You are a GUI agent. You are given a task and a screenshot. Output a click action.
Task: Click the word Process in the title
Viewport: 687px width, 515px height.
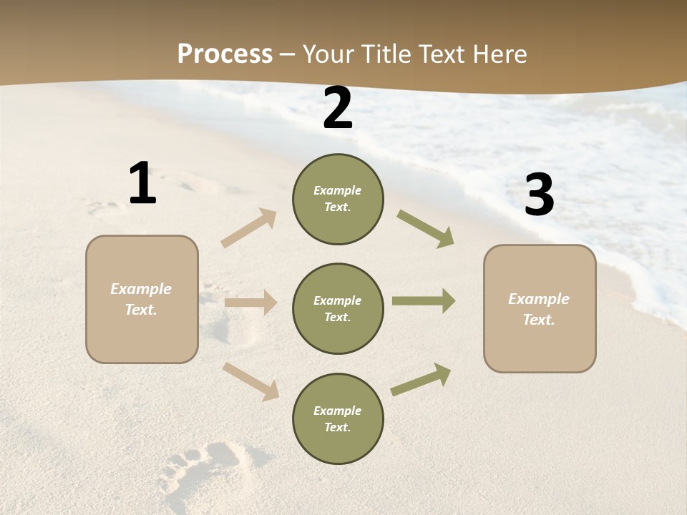(x=225, y=54)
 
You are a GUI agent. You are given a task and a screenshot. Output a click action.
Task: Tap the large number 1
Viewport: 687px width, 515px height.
(x=142, y=184)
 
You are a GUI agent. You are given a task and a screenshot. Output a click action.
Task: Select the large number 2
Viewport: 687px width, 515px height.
(x=338, y=108)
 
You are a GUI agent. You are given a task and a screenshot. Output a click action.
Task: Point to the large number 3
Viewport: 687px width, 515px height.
(x=539, y=195)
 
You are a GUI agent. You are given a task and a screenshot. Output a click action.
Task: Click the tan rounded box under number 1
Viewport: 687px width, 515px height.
(x=142, y=329)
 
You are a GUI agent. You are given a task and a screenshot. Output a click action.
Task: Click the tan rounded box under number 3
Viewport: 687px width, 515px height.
(x=540, y=343)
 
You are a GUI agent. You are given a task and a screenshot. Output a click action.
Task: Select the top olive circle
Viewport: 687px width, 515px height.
(x=338, y=218)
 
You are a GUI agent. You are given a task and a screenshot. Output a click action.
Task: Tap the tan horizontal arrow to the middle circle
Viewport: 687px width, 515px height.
(x=250, y=303)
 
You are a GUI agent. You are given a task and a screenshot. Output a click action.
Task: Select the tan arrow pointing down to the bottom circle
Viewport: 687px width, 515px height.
(x=251, y=381)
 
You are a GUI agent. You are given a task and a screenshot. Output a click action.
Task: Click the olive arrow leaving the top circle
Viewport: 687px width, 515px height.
(x=425, y=228)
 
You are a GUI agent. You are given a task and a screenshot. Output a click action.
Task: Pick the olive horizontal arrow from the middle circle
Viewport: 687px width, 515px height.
(x=423, y=301)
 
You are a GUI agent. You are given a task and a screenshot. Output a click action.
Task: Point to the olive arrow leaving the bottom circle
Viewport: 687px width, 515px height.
(x=421, y=380)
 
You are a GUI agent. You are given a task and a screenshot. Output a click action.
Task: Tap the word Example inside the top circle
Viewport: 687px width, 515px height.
(x=337, y=191)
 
